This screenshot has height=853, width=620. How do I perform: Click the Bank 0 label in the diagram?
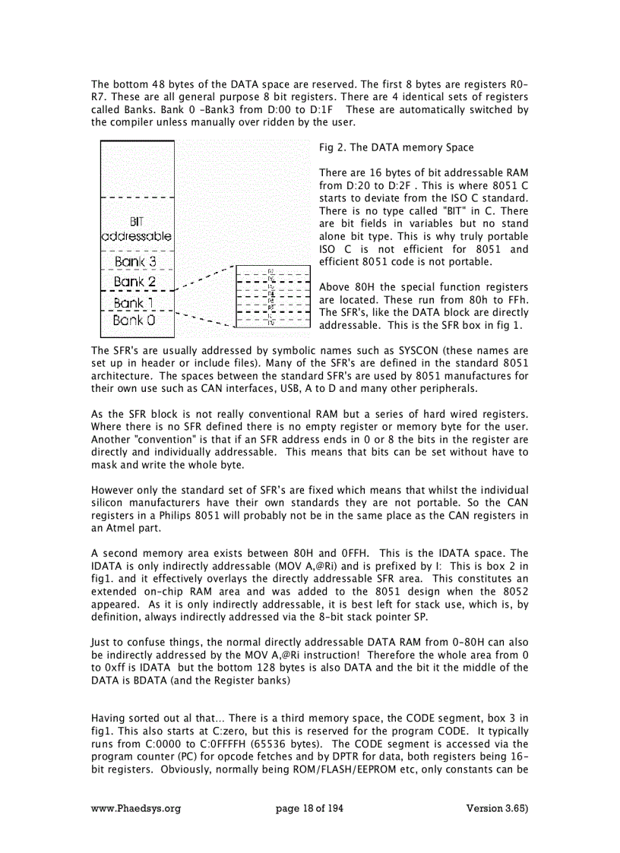click(x=135, y=321)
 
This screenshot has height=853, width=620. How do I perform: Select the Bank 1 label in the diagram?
click(x=135, y=303)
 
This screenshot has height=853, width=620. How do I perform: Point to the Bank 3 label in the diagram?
click(x=135, y=261)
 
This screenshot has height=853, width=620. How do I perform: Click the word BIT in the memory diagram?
click(x=137, y=222)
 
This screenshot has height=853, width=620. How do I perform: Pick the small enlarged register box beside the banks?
click(x=274, y=296)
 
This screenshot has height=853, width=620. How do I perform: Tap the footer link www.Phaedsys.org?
click(x=136, y=809)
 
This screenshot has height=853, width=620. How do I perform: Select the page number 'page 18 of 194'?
click(x=309, y=809)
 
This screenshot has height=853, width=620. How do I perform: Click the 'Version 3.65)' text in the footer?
click(x=497, y=809)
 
